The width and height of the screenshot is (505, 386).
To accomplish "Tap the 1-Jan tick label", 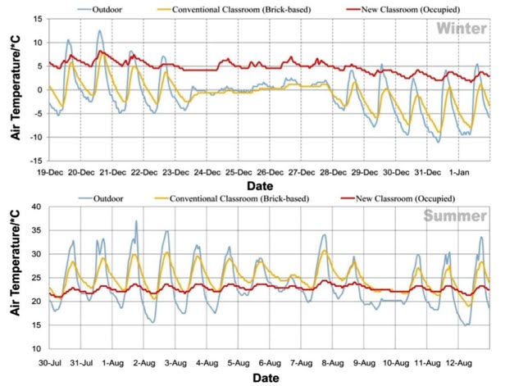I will click(461, 173).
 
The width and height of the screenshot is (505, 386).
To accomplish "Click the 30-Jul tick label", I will click(50, 361).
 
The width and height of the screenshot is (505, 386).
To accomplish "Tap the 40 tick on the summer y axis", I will click(39, 207).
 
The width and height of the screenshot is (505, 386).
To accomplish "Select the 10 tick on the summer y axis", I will click(39, 348).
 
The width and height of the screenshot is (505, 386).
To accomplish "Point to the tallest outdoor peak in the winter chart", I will click(100, 32).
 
